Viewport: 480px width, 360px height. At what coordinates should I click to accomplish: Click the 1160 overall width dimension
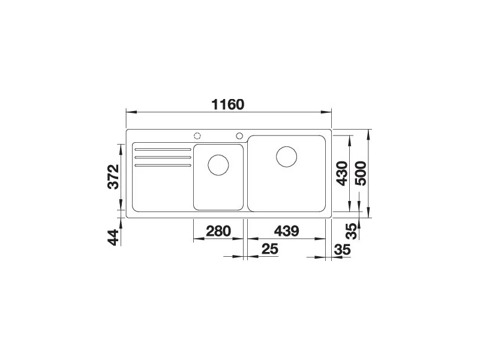click(228, 104)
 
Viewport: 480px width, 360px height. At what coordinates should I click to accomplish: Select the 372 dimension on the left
click(113, 177)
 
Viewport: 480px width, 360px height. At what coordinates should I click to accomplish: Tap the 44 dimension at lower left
click(113, 237)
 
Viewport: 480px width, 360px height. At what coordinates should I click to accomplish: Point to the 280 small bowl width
click(218, 231)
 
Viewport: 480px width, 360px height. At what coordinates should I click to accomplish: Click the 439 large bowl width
click(286, 231)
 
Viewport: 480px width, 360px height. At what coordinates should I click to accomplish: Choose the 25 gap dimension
click(270, 249)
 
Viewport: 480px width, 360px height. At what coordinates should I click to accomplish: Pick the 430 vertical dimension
click(342, 173)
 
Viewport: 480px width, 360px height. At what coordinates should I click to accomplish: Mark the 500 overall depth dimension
click(361, 173)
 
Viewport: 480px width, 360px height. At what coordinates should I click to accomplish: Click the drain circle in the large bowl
click(287, 157)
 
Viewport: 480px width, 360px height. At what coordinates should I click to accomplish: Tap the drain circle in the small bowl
click(218, 165)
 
